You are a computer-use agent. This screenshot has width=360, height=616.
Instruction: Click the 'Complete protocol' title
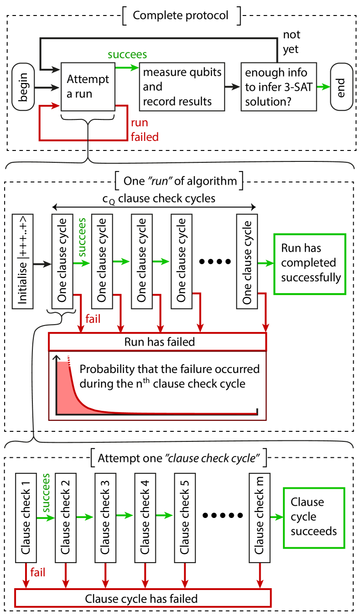tap(180, 16)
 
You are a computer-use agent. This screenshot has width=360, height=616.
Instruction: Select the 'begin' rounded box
tap(23, 87)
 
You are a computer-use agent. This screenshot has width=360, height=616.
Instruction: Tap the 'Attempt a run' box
tap(88, 87)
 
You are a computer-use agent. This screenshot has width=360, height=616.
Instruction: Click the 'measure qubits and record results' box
tap(182, 87)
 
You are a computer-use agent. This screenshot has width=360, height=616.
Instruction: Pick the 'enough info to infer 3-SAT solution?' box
tap(278, 87)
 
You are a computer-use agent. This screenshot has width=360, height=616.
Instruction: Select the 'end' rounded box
tap(341, 87)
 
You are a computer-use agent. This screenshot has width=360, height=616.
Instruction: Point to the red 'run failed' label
tap(144, 129)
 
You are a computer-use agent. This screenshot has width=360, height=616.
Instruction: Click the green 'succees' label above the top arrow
tap(127, 55)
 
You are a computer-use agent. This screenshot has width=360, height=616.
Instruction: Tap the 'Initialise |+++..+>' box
tap(22, 261)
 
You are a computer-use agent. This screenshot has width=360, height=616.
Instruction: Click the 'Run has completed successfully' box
tap(309, 264)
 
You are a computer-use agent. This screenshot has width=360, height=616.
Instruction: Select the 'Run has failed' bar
tap(158, 342)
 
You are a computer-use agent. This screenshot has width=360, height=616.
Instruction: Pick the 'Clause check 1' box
tap(26, 518)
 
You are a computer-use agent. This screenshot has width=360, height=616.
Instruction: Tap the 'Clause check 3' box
tap(105, 518)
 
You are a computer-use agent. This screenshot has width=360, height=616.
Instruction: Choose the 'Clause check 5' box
tap(185, 518)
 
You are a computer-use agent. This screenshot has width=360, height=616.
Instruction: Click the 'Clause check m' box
tap(259, 518)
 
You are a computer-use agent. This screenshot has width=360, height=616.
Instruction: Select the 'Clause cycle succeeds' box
tap(314, 517)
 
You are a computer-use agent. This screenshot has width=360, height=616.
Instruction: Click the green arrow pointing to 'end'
tap(323, 87)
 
